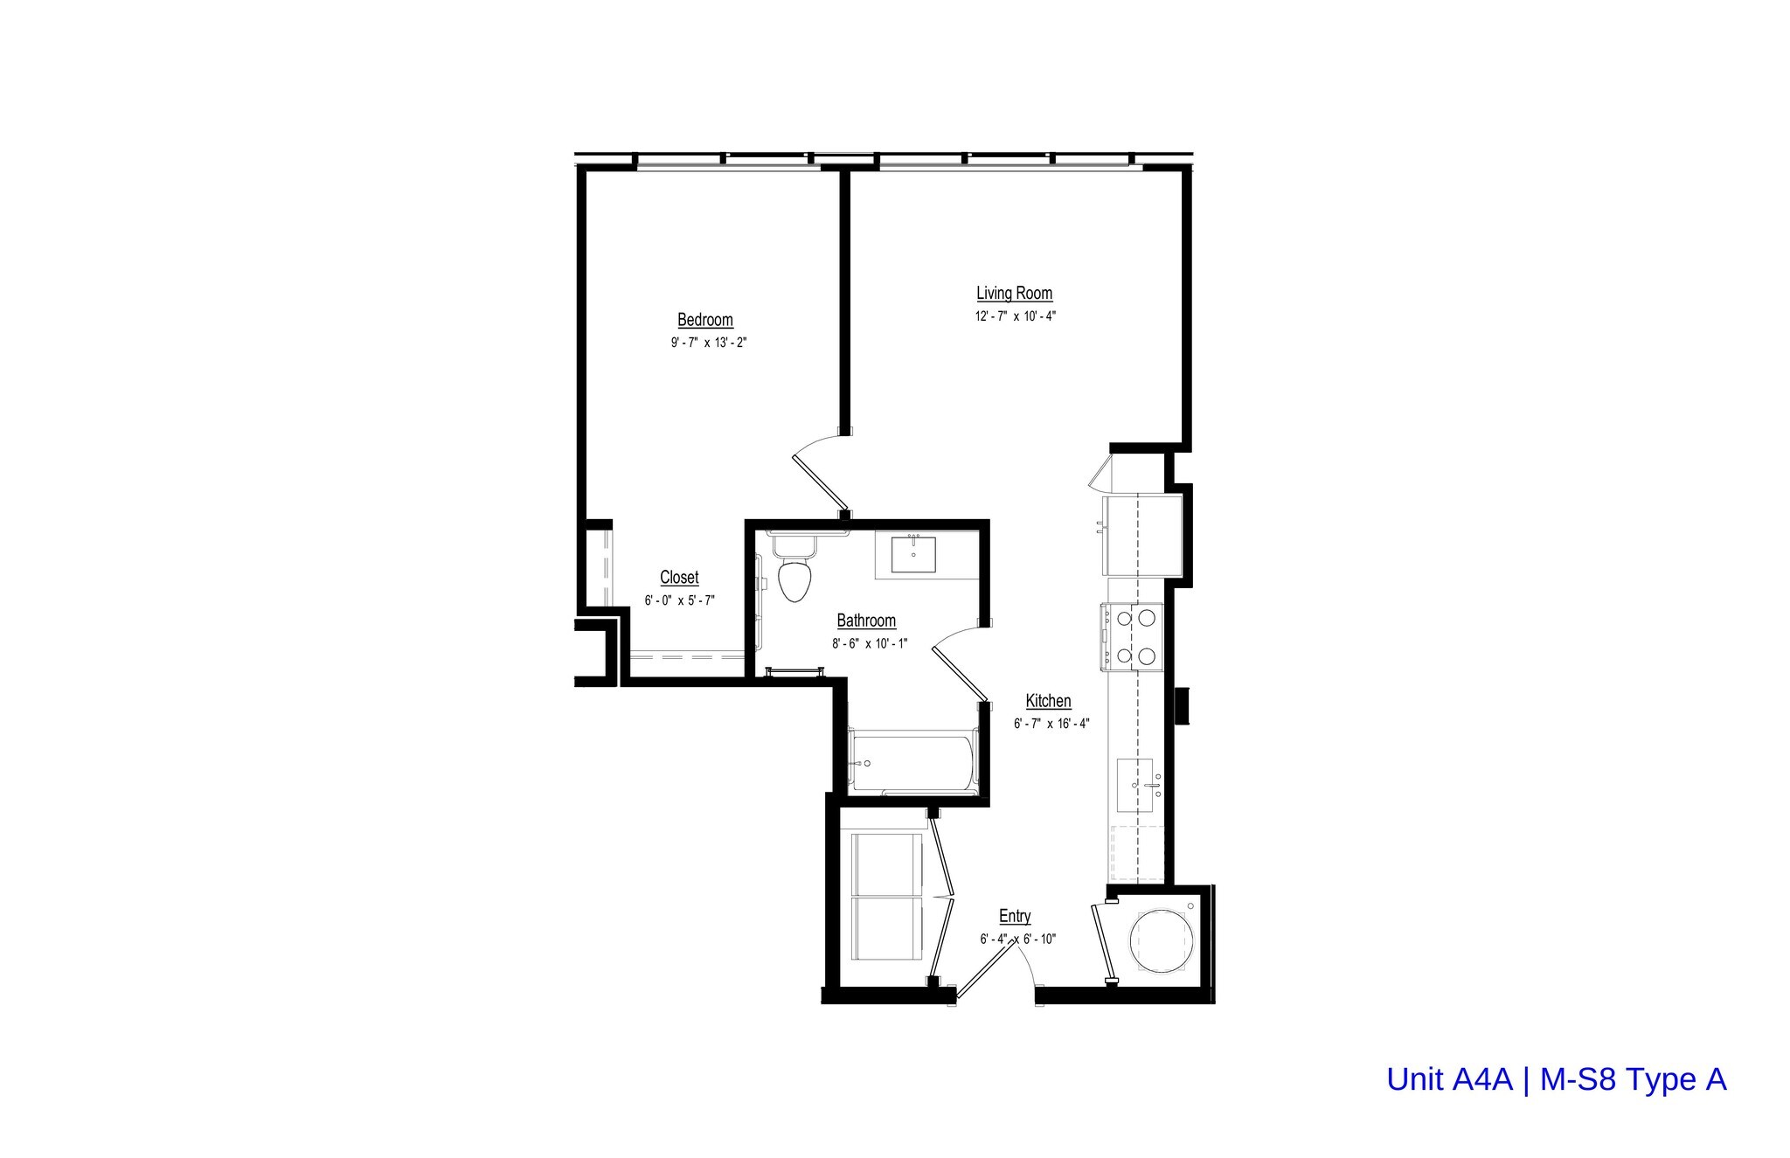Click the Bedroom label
pos(705,320)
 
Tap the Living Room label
pos(1014,294)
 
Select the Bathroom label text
pos(866,621)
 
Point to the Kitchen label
pos(1048,701)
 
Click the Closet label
pos(679,578)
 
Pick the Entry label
pos(1015,916)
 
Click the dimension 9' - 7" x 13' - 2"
pos(708,343)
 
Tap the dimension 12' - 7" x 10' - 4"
pos(1016,316)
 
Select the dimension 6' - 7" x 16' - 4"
pos(1051,724)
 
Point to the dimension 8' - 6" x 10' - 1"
pos(870,643)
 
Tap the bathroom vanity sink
pos(914,554)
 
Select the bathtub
pos(912,763)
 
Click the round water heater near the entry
pos(1161,940)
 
